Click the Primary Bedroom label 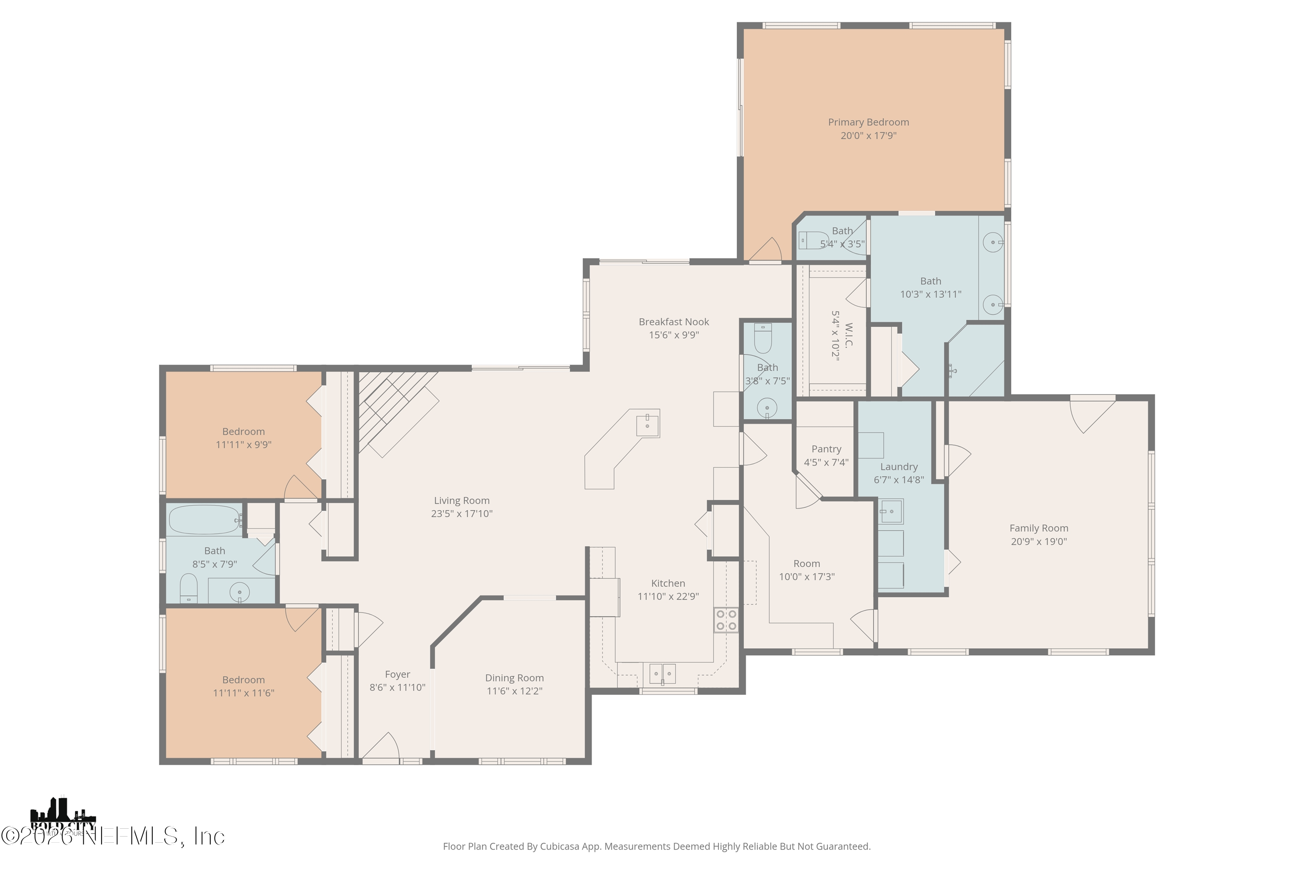pyautogui.click(x=868, y=122)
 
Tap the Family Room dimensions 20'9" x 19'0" pyautogui.click(x=1038, y=541)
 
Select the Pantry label pyautogui.click(x=826, y=449)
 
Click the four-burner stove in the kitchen pyautogui.click(x=726, y=620)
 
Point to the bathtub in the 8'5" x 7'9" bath pyautogui.click(x=205, y=520)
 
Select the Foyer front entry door pyautogui.click(x=381, y=749)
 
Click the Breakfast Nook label pyautogui.click(x=674, y=322)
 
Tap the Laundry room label pyautogui.click(x=898, y=467)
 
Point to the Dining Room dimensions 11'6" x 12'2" pyautogui.click(x=514, y=691)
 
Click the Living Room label pyautogui.click(x=462, y=501)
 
